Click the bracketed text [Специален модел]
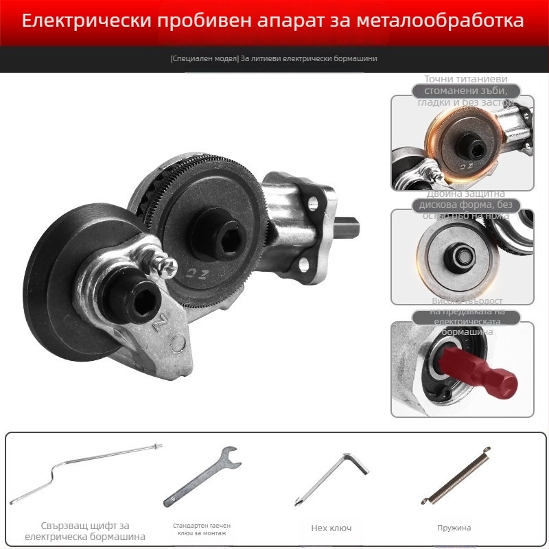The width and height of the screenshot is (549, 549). tap(204, 58)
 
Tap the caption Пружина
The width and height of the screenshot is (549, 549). tap(454, 528)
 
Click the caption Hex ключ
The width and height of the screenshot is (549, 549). tap(331, 528)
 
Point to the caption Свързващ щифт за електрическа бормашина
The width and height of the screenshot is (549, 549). tap(85, 530)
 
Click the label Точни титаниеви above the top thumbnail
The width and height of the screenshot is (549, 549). tap(465, 79)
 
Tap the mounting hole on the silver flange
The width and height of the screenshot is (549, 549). tap(314, 202)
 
